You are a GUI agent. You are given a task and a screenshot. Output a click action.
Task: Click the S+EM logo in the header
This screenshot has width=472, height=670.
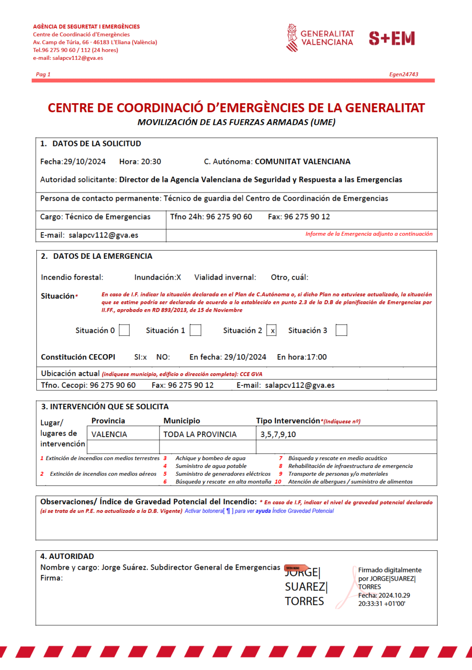[x=392, y=38]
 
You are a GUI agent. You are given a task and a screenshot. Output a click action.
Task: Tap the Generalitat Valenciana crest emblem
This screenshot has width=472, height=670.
[x=292, y=38]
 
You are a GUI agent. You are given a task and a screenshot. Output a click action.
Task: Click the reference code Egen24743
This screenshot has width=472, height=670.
[x=404, y=74]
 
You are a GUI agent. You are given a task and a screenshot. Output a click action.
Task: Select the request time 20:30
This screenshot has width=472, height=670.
[x=151, y=162]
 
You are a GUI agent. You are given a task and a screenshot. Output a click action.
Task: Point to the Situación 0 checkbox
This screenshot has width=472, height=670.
[x=124, y=330]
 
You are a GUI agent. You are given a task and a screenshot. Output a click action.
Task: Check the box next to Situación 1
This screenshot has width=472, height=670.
[x=195, y=330]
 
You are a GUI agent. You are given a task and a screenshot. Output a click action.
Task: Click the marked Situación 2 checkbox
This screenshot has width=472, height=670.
[x=272, y=330]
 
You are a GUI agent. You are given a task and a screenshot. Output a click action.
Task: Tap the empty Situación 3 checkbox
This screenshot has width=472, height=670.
[x=341, y=330]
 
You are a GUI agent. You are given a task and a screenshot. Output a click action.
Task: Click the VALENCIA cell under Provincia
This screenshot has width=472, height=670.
[x=109, y=434]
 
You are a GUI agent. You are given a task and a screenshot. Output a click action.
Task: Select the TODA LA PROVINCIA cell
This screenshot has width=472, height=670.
[x=200, y=434]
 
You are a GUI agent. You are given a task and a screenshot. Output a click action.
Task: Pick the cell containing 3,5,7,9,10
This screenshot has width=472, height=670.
[x=278, y=434]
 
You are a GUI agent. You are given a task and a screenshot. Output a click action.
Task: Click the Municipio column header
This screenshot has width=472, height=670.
[x=182, y=421]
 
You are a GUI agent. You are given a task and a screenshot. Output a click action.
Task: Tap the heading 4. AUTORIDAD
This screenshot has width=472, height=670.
[x=67, y=556]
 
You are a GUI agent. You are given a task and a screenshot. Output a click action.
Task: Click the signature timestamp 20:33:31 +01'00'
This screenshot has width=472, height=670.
[x=382, y=604]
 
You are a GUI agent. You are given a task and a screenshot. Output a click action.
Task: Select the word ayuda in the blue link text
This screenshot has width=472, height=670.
[x=263, y=511]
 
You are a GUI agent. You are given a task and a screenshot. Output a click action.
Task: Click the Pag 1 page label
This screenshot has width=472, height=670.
[x=43, y=74]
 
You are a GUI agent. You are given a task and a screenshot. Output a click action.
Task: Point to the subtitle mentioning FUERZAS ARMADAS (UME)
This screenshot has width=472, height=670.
[x=236, y=122]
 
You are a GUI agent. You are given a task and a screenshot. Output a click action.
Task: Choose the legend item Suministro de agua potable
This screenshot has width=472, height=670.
[x=211, y=466]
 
